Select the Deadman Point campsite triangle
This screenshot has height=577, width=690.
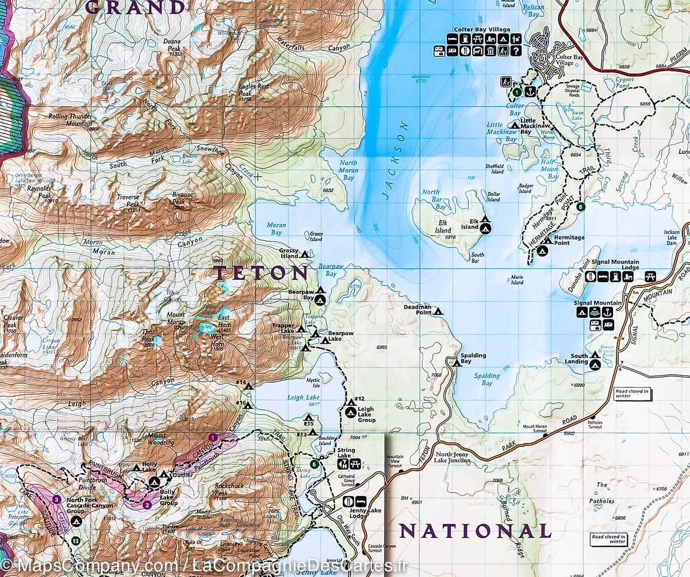[438, 311]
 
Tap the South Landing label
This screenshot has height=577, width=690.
[579, 359]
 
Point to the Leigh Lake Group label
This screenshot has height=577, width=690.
[366, 414]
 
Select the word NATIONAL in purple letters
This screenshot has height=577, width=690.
[475, 531]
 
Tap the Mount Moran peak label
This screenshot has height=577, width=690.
[176, 318]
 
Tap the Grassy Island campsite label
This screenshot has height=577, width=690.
[289, 253]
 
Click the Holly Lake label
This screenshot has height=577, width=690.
[149, 467]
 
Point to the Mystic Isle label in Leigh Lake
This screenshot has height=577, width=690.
[313, 382]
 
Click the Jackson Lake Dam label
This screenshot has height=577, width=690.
[672, 237]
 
